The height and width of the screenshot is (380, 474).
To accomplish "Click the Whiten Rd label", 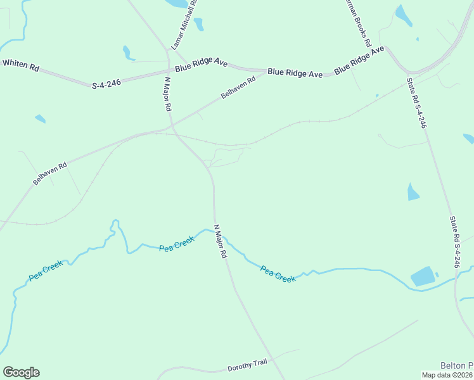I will (20, 65).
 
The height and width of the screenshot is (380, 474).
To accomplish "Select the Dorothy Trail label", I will (247, 365).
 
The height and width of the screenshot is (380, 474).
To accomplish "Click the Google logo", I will (21, 372).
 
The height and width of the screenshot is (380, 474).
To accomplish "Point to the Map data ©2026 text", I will (447, 374).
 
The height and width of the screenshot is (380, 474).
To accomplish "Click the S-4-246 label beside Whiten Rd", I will (105, 83).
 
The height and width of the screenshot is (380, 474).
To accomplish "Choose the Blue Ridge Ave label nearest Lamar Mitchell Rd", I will (202, 64).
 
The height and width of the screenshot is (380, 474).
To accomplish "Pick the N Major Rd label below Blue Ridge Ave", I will (168, 94).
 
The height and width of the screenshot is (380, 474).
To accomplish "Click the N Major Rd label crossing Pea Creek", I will (220, 241).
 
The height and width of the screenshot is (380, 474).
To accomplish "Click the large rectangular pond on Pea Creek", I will (423, 277).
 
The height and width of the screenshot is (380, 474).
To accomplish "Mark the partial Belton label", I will (457, 365).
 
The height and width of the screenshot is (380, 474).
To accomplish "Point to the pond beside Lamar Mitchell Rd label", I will (199, 24).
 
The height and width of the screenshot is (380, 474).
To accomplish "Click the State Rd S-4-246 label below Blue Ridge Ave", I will (416, 103).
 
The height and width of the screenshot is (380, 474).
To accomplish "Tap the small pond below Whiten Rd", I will (41, 118).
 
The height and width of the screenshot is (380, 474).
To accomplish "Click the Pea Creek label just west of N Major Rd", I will (176, 243).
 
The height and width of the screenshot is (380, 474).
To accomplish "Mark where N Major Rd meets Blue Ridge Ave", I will (169, 68).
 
